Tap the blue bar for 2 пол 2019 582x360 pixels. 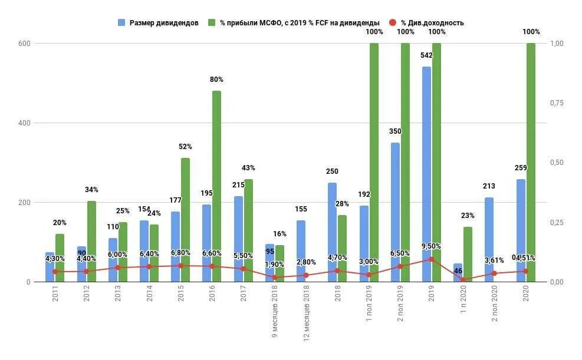[x=395, y=212]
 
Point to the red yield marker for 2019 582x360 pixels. [x=431, y=259]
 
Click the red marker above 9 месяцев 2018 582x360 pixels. [x=275, y=277]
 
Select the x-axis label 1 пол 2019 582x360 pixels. [x=369, y=304]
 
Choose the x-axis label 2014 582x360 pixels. [x=149, y=295]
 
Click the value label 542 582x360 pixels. [x=427, y=55]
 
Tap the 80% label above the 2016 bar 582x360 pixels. [x=216, y=80]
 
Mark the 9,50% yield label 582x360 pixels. [x=431, y=246]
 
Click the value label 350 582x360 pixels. [x=395, y=131]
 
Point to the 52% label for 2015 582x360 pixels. [x=185, y=147]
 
